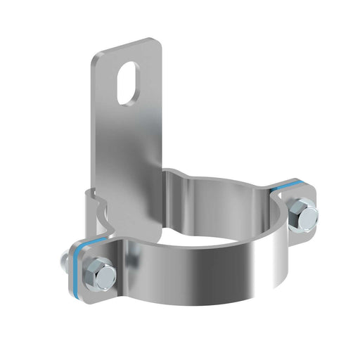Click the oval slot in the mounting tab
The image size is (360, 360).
tap(129, 83)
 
